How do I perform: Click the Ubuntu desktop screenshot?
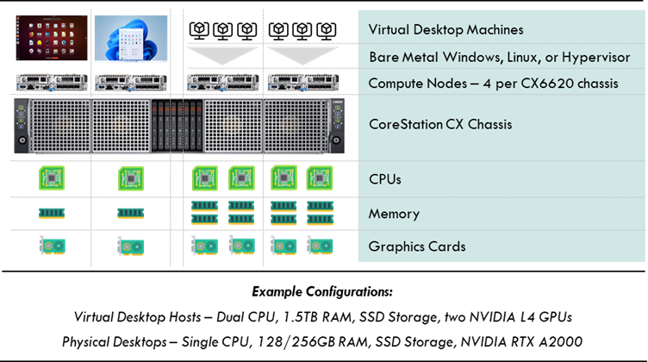(52, 38)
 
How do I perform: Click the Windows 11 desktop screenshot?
(131, 39)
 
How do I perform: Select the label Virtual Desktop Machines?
(445, 30)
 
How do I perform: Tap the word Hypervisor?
(596, 58)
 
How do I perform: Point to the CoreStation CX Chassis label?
(440, 124)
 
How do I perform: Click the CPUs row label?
(384, 179)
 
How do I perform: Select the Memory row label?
(394, 214)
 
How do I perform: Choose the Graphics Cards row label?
(417, 247)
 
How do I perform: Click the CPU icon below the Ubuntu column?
(52, 178)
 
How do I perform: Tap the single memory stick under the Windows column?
(131, 213)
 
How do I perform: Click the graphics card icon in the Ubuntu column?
(52, 245)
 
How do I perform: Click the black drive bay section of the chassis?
(177, 126)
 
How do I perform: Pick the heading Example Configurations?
(322, 291)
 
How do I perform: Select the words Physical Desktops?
(115, 342)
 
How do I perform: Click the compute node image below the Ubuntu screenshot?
(52, 82)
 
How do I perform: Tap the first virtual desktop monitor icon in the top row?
(199, 31)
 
